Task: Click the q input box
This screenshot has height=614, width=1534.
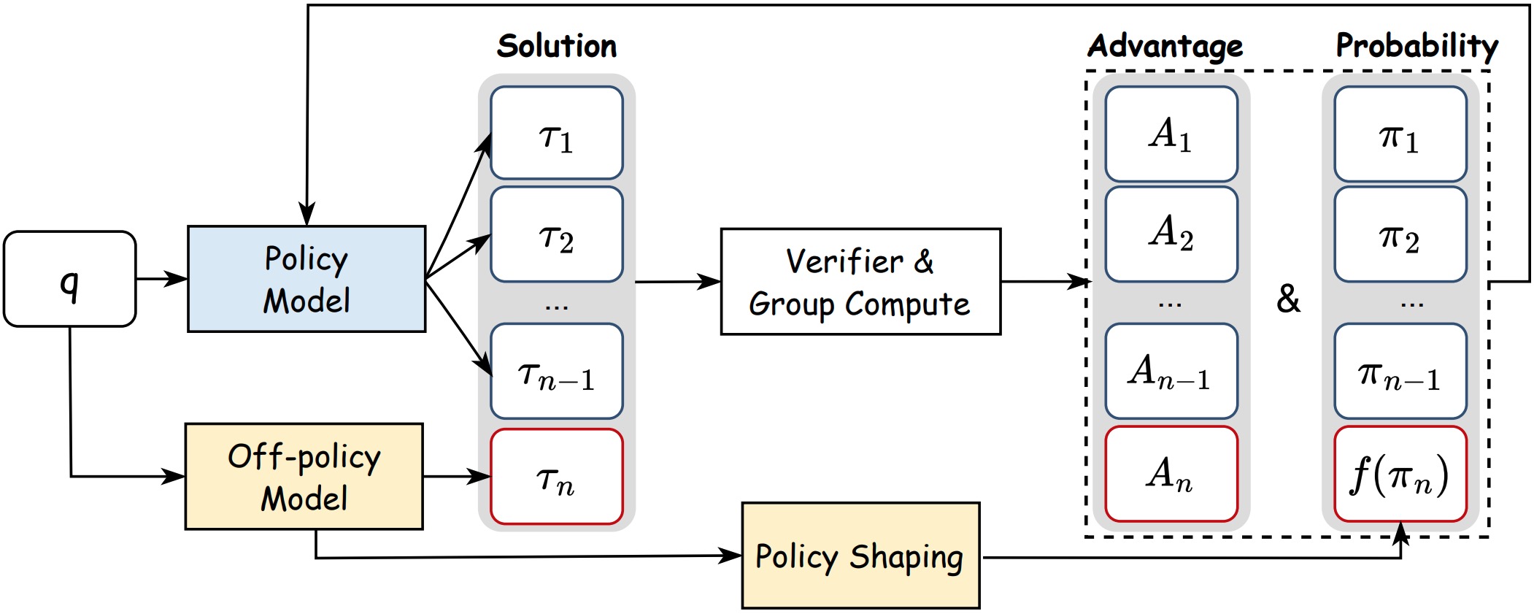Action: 70,279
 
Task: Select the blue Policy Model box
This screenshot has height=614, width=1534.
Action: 307,279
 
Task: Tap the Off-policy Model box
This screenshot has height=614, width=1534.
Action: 304,477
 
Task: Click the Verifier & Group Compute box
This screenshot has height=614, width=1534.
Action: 860,282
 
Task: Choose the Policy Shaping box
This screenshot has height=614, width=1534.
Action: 860,556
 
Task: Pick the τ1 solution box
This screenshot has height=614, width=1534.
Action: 557,133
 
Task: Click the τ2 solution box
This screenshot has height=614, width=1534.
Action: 557,234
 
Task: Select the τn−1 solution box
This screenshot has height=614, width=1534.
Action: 557,371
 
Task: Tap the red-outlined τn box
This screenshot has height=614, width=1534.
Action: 557,477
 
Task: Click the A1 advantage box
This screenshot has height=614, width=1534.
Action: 1171,134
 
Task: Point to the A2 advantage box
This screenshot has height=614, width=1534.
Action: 1171,234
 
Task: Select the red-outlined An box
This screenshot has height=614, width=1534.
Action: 1171,474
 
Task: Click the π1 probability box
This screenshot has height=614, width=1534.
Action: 1400,134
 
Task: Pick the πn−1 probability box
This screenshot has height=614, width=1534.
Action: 1400,371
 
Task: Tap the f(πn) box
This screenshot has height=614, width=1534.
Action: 1400,474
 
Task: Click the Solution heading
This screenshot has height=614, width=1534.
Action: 557,46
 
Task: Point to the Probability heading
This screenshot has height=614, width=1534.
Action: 1417,47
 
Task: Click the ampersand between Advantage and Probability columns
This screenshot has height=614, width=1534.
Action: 1288,299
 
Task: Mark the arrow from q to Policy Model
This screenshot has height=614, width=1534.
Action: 162,279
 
